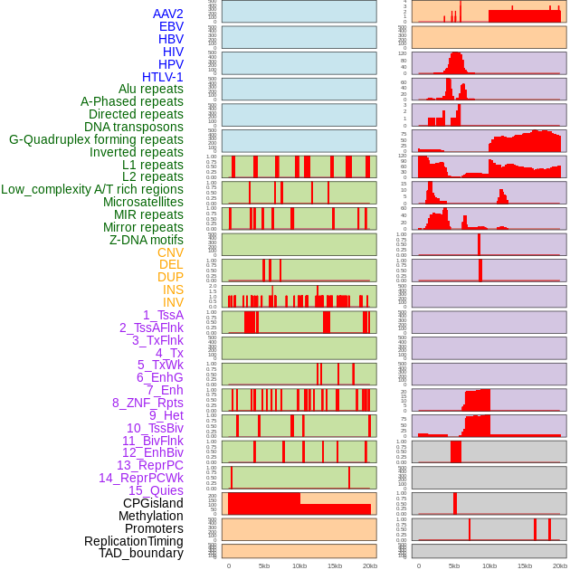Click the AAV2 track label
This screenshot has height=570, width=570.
coord(167,14)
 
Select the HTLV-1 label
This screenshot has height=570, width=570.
coord(162,77)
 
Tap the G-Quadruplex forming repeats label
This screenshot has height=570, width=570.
coord(96,139)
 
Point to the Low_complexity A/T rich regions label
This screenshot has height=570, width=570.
coord(92,189)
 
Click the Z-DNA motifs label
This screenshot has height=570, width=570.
coord(146,240)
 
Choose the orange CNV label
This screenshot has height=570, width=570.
coord(170,252)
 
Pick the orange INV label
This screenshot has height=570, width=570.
coord(173,302)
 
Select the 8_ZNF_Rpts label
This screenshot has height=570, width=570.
coord(147,403)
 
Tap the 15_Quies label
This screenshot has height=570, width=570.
coord(156,490)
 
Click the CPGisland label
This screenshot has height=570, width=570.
coord(153,503)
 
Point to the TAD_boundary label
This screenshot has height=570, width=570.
coord(141,553)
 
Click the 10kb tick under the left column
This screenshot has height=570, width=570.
coord(299,565)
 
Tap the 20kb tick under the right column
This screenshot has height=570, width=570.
coord(560,565)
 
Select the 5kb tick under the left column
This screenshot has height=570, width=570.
coord(264,565)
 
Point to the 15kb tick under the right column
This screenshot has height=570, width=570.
coord(525,565)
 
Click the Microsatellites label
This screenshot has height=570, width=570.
coord(143,202)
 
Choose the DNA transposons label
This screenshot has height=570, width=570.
coord(134,127)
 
